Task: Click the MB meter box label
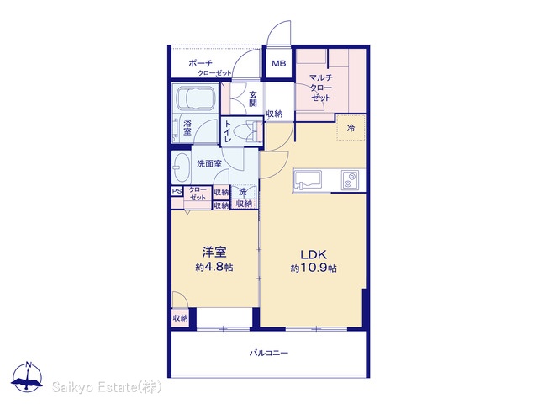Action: [278, 64]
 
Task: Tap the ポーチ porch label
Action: [201, 63]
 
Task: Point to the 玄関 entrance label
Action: [253, 99]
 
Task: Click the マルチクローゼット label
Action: [321, 88]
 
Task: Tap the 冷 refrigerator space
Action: [351, 128]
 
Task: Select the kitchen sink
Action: [308, 180]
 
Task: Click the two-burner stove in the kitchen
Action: [350, 179]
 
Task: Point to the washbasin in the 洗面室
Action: [182, 167]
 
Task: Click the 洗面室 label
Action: [209, 164]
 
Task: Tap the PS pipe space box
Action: [177, 191]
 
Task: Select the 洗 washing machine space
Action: [245, 192]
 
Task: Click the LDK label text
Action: [314, 254]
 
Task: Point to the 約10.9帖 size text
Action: [314, 268]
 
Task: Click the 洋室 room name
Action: [214, 252]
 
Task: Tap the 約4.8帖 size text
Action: [214, 267]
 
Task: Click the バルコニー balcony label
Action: [269, 353]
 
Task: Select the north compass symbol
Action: [27, 377]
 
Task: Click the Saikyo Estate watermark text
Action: [107, 387]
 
